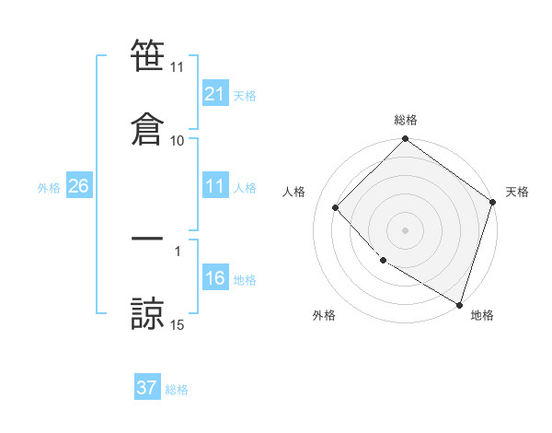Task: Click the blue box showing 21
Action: tap(214, 94)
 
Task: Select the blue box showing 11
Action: tap(214, 186)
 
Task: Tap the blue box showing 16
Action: tap(214, 278)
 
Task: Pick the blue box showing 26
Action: tap(78, 186)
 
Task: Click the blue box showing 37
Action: tap(147, 388)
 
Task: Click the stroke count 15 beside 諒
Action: tap(178, 324)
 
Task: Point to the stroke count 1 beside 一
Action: tap(178, 251)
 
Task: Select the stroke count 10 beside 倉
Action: tap(178, 140)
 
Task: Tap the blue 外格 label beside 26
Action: tap(49, 187)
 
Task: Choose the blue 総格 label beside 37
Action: tap(177, 389)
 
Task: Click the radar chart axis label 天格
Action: tap(517, 192)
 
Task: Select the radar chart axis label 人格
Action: tap(294, 192)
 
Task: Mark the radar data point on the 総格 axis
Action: tap(405, 140)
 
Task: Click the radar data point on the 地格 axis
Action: tap(459, 303)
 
